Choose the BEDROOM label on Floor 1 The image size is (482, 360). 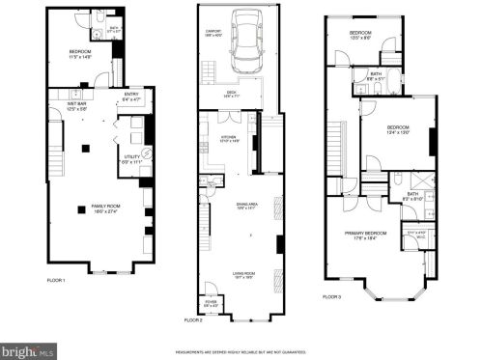(79, 53)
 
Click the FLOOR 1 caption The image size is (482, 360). (56, 280)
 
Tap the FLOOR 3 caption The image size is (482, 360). (332, 296)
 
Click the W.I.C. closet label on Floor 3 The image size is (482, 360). (415, 234)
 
